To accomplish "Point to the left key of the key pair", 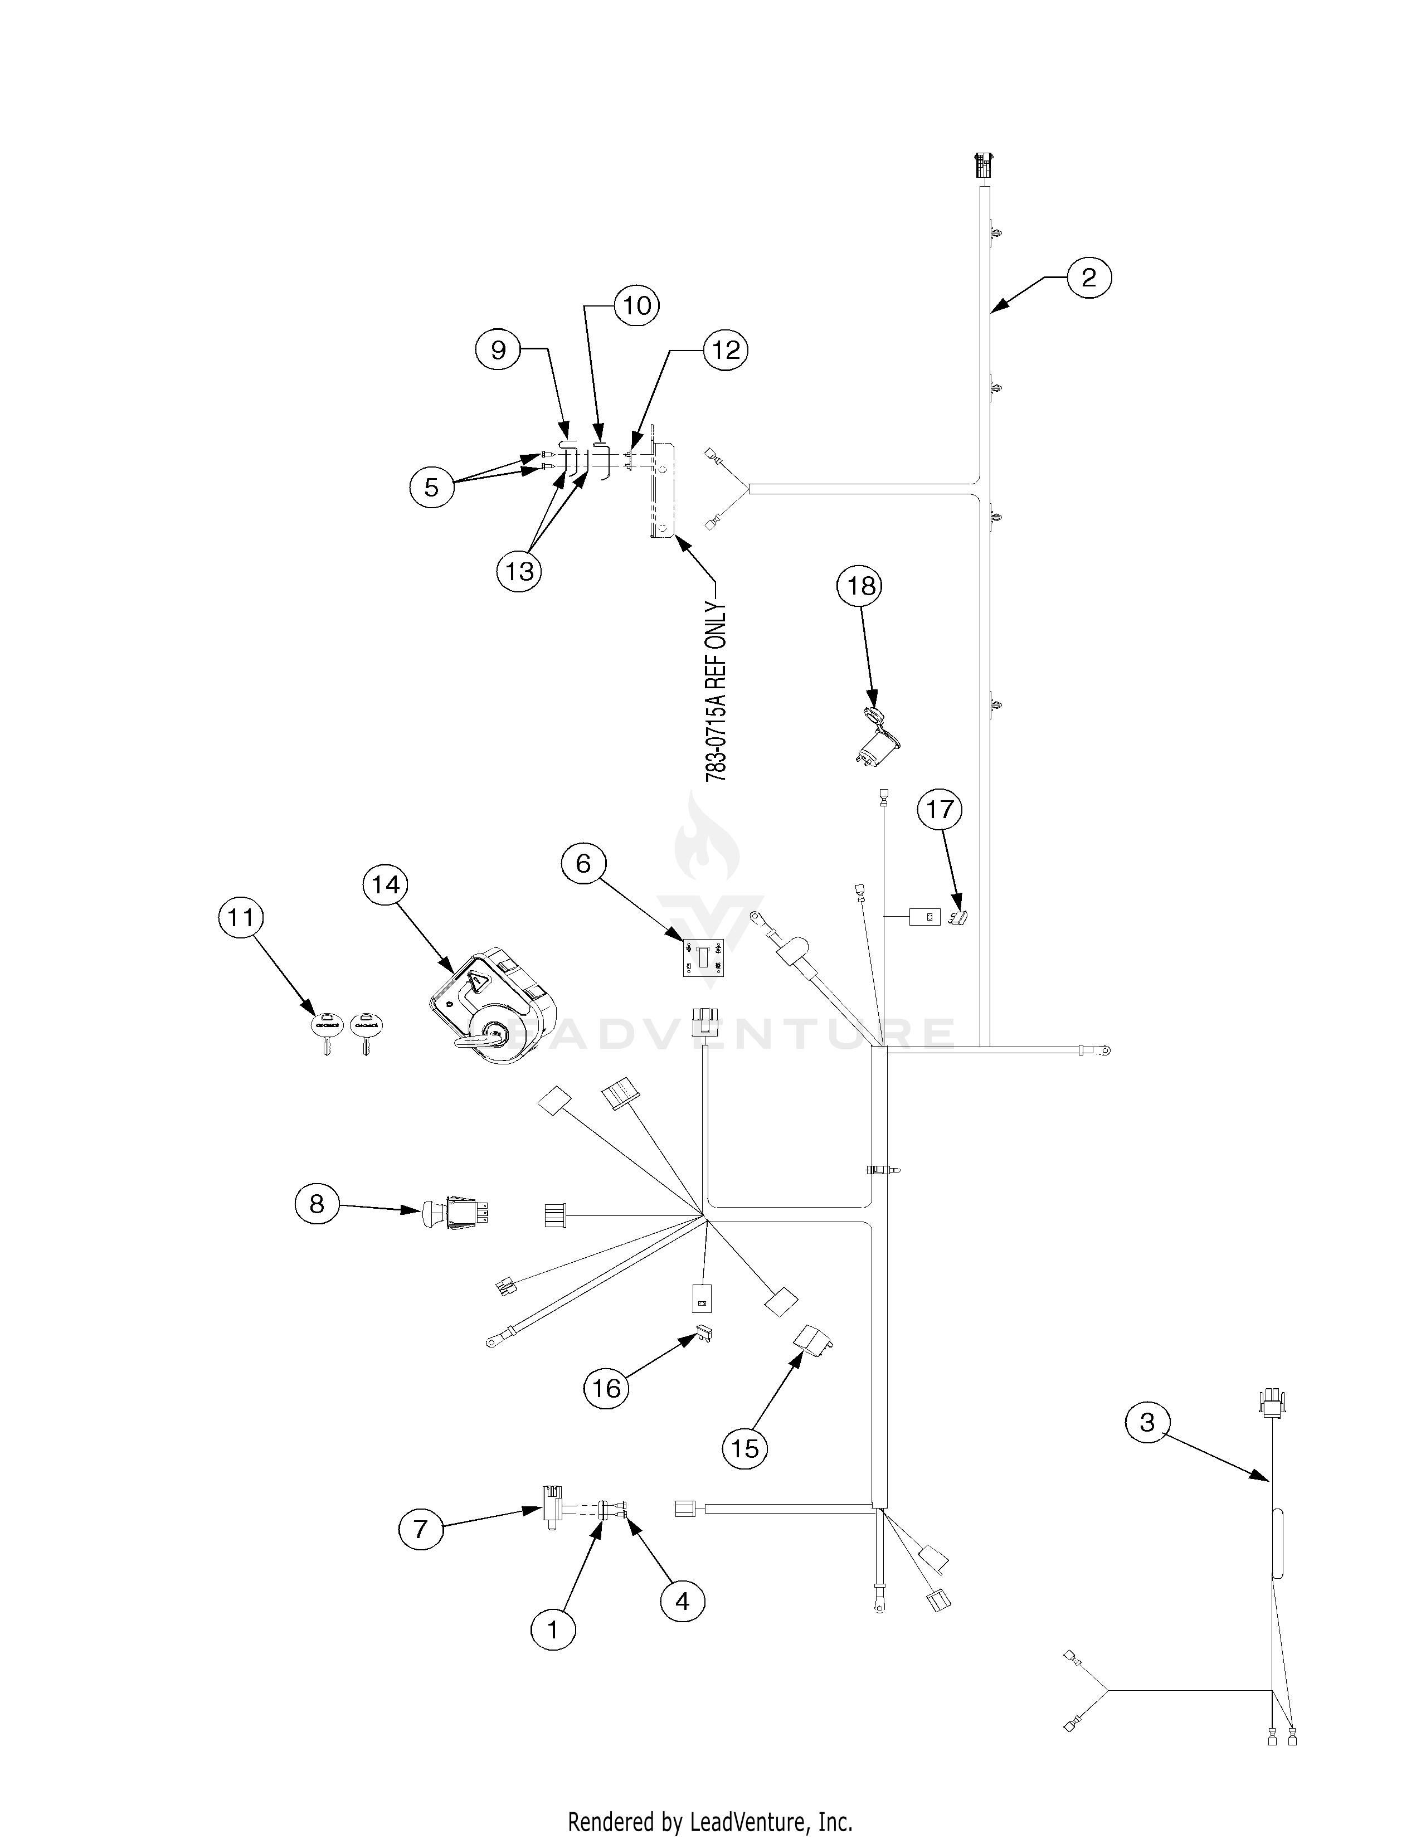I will pos(325,1032).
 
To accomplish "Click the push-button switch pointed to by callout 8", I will pos(455,1215).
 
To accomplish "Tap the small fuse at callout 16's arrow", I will pos(704,1335).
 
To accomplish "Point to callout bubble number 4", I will pos(682,1600).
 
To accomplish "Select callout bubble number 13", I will pos(519,572).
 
